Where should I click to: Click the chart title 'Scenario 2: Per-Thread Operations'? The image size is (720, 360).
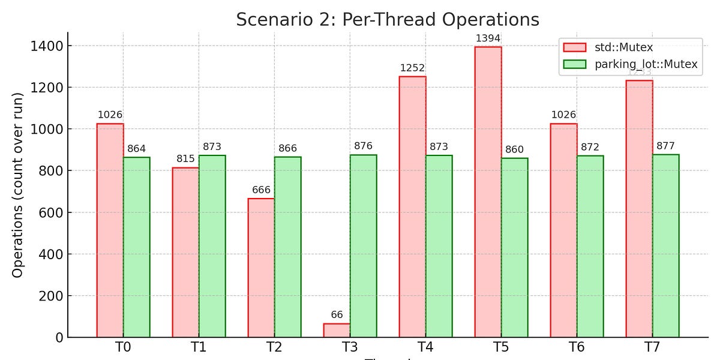388,19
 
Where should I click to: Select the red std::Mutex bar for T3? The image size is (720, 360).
337,330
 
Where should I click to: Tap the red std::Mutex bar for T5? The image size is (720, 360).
488,192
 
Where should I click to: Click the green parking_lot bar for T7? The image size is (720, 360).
666,246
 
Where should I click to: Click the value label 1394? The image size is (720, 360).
488,39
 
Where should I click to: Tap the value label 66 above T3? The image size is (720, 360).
337,315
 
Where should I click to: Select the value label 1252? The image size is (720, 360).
412,68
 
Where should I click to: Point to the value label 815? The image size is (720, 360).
185,159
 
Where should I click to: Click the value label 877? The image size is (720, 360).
666,146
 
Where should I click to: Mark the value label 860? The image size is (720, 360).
514,150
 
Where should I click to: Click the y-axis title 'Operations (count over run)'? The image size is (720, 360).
18,185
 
